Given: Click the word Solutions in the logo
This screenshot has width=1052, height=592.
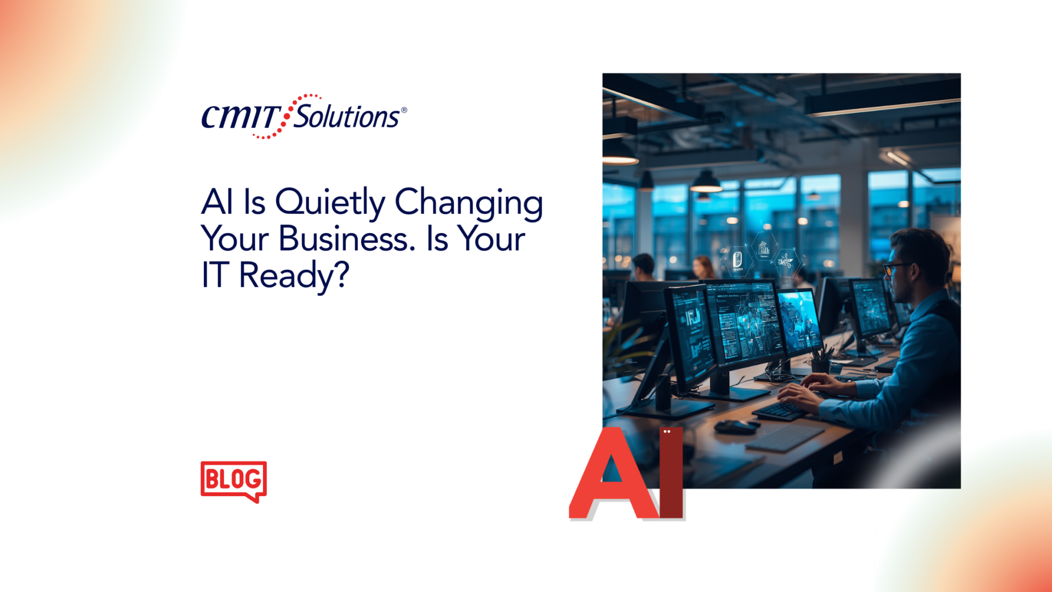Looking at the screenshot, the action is tap(346, 116).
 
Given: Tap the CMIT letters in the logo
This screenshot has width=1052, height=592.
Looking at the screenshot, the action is tap(241, 117).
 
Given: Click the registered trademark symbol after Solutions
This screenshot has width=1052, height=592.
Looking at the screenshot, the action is tap(404, 110).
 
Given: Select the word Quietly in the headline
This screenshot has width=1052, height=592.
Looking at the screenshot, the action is tap(330, 202).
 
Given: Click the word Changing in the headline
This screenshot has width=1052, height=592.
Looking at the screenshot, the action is tap(469, 202).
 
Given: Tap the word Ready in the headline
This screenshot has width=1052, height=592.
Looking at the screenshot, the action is tap(286, 276).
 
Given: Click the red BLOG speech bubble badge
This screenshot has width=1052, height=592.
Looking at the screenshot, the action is tap(233, 481).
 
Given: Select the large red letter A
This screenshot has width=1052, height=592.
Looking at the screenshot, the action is tap(613, 475).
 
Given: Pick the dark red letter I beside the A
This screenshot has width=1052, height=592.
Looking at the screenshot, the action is tap(671, 473).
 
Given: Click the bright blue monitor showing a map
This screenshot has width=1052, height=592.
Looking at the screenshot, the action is tap(799, 321).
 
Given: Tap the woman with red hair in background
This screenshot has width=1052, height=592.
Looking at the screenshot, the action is tap(702, 268).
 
